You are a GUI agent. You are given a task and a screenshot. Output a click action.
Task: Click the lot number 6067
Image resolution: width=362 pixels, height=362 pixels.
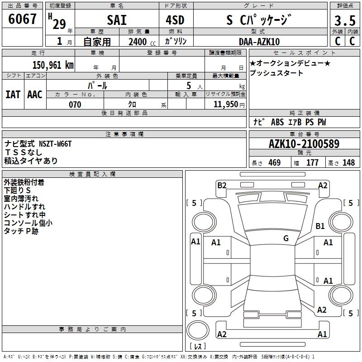coord(22,19)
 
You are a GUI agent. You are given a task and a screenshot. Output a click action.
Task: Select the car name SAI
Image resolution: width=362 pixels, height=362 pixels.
coord(117,20)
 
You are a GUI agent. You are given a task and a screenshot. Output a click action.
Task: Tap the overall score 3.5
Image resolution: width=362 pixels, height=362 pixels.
coord(345,20)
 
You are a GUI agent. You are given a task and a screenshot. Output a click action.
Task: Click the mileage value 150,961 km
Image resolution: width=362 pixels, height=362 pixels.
coord(53,65)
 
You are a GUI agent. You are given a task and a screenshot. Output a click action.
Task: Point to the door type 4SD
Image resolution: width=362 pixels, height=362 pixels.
coord(175,20)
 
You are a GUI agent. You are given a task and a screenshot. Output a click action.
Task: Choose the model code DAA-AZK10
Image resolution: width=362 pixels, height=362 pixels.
coord(259,42)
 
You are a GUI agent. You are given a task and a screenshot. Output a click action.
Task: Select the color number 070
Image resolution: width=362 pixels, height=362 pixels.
coord(75,105)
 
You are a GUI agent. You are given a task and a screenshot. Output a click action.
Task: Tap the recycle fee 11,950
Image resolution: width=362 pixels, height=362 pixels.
coord(226,105)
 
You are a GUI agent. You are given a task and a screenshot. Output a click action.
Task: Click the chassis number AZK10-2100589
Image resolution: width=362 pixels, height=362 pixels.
coord(304,144)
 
